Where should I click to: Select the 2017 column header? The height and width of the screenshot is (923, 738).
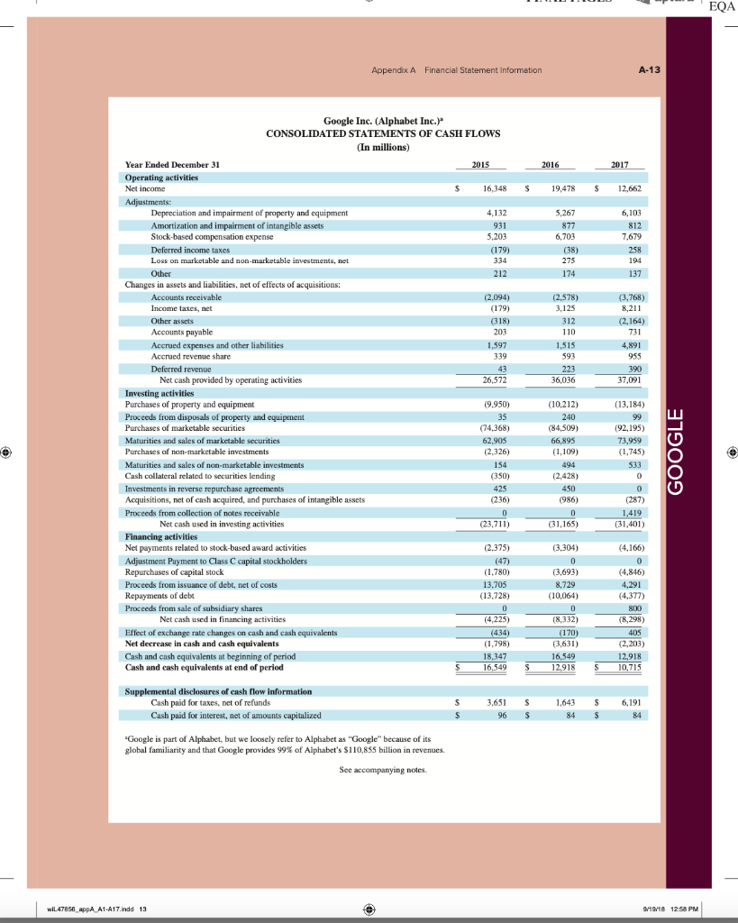(628, 165)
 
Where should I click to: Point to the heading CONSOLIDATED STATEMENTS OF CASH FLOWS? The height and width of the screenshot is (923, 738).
(383, 133)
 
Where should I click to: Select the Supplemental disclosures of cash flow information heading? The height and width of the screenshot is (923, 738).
(218, 690)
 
